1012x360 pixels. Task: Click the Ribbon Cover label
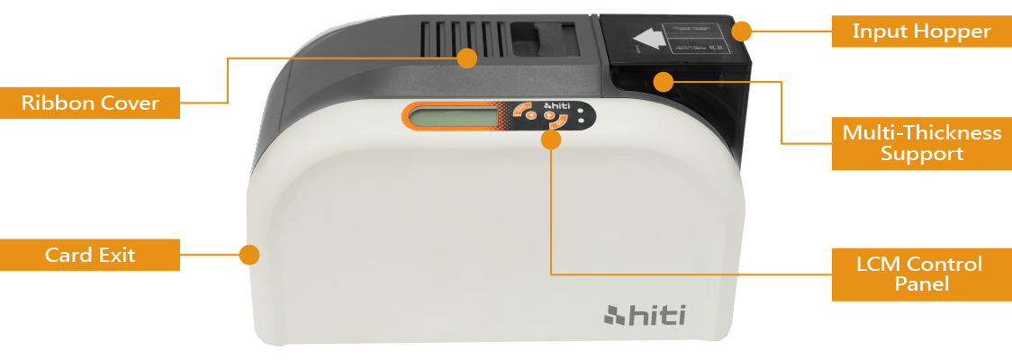pyautogui.click(x=90, y=103)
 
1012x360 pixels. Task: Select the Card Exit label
pyautogui.click(x=90, y=255)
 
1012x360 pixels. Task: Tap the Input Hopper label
pyautogui.click(x=921, y=31)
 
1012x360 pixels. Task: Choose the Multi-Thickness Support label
pyautogui.click(x=921, y=143)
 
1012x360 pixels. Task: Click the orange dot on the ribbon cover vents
pyautogui.click(x=466, y=58)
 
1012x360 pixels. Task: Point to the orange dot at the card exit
pyautogui.click(x=249, y=255)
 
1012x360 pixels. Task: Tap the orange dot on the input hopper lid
pyautogui.click(x=741, y=31)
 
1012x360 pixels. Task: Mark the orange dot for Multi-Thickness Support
pyautogui.click(x=664, y=82)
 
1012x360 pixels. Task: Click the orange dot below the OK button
pyautogui.click(x=552, y=139)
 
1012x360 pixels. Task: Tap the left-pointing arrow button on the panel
pyautogui.click(x=531, y=116)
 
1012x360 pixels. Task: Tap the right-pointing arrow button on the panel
pyautogui.click(x=549, y=115)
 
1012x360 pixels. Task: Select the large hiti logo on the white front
pyautogui.click(x=644, y=315)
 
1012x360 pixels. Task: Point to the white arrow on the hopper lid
pyautogui.click(x=651, y=40)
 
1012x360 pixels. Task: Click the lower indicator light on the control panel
pyautogui.click(x=582, y=121)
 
